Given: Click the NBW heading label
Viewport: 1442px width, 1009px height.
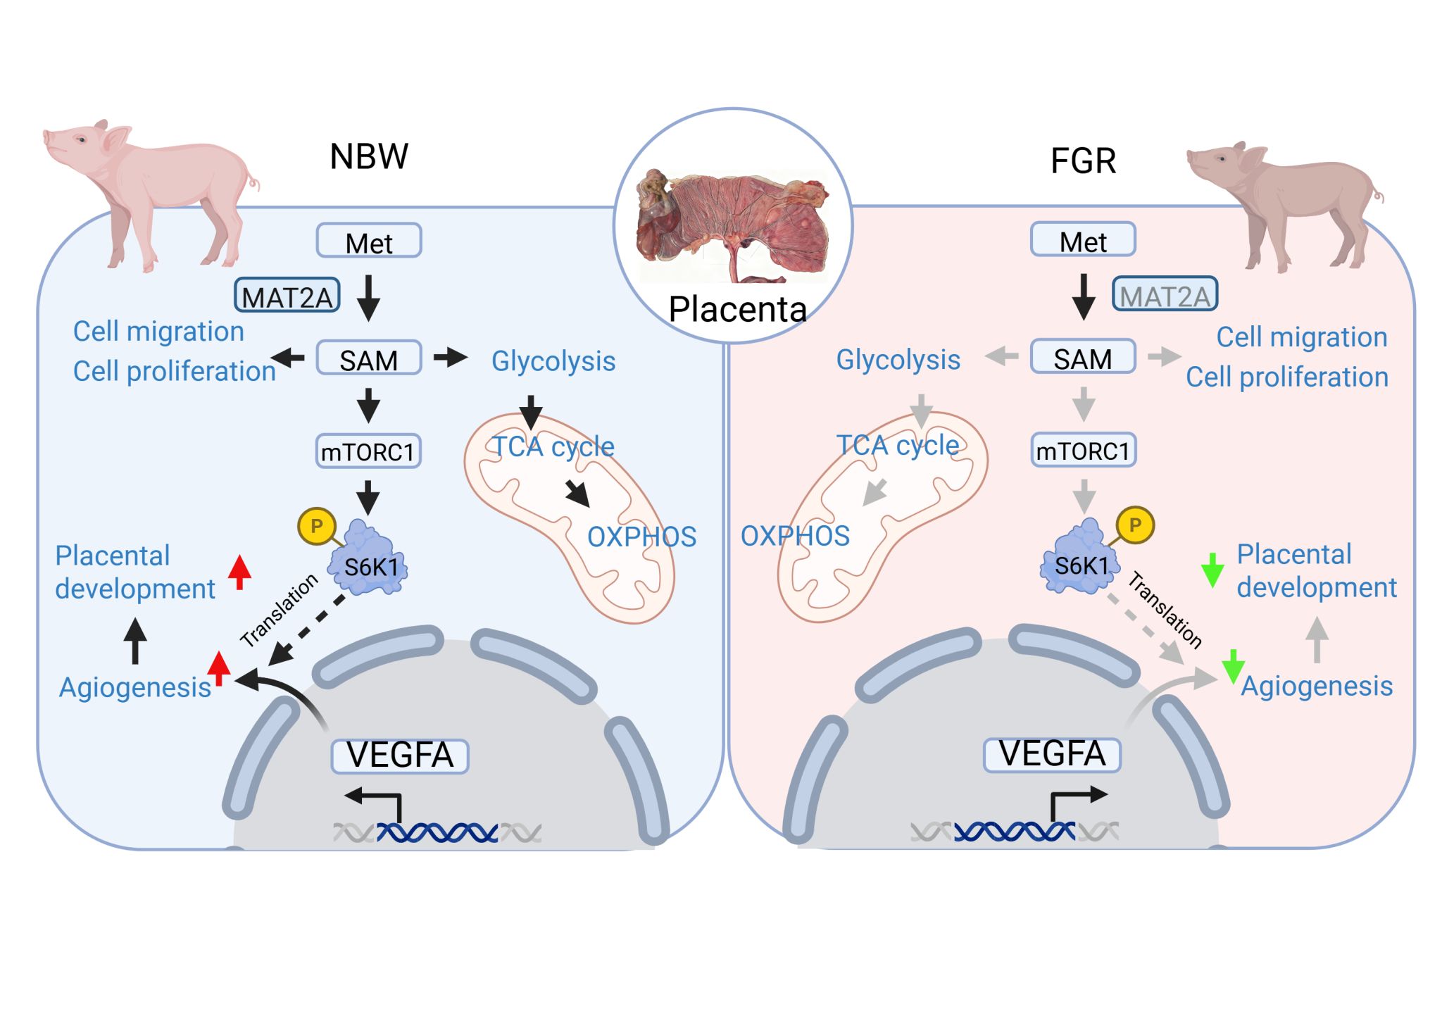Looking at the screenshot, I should point(369,156).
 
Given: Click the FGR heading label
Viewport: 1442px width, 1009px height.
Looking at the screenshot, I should point(1083,161).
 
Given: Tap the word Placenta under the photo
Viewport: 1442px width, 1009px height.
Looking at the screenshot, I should point(737,309).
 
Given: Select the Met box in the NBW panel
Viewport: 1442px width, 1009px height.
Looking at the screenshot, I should point(369,242).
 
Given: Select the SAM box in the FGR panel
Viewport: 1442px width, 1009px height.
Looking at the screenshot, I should point(1083,358).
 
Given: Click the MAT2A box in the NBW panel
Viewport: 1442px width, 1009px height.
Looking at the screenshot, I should point(287,296).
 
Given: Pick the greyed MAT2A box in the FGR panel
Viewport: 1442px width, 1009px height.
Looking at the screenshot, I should point(1165,295).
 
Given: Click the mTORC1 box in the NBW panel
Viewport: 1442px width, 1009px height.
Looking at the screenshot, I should point(368,451).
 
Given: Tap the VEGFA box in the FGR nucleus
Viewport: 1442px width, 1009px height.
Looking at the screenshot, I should point(1052,754).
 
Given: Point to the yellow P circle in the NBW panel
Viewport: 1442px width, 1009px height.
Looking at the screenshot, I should point(316,526).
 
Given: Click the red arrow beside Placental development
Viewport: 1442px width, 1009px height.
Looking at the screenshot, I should point(239,572).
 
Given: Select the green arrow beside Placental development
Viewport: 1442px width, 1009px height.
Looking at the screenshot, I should point(1212,570).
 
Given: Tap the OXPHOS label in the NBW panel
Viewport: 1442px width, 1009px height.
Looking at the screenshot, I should point(641,537).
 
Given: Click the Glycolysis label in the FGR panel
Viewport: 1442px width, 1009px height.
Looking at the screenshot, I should point(898,360).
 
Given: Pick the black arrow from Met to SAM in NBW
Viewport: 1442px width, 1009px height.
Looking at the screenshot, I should point(368,298).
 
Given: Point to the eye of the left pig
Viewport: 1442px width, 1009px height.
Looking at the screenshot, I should point(82,139).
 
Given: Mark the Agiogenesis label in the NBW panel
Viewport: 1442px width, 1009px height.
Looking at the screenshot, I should point(135,687).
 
